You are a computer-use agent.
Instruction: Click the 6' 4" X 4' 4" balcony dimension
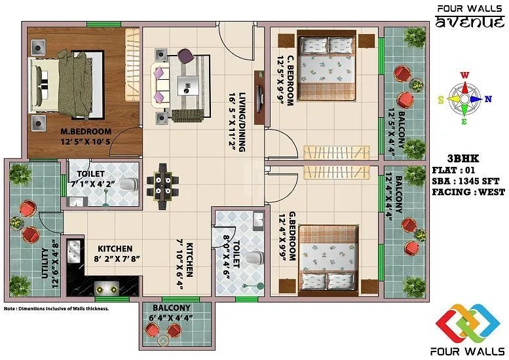tap(172, 317)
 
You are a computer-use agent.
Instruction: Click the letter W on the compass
tap(464, 75)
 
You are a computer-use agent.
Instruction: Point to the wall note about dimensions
tap(56, 308)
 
